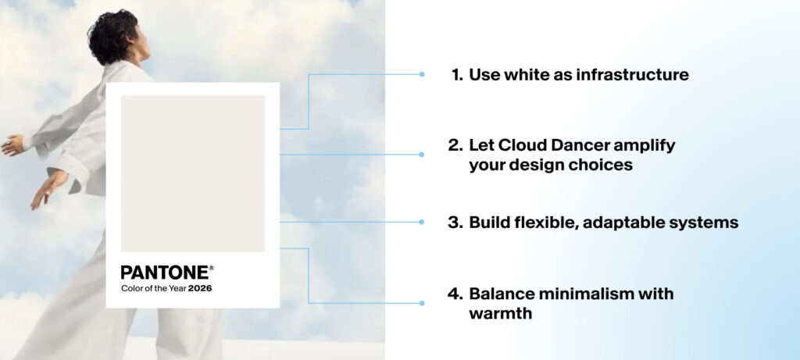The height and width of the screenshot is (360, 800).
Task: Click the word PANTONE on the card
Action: (165, 273)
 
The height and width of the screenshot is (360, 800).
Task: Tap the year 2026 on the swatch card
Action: (200, 288)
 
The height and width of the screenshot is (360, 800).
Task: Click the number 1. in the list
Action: (458, 75)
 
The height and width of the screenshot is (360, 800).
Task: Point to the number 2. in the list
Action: (455, 145)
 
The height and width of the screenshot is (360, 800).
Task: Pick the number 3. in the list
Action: (455, 223)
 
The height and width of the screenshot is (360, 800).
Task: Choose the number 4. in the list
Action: (455, 294)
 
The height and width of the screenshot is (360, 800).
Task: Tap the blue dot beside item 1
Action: (422, 75)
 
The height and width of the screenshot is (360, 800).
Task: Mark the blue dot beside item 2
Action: (422, 155)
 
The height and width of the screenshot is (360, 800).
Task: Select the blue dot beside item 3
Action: (422, 223)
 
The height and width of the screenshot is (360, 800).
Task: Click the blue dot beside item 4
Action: (422, 303)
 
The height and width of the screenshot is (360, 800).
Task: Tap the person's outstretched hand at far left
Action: (11, 145)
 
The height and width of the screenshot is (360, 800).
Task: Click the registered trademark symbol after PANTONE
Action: (211, 267)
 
